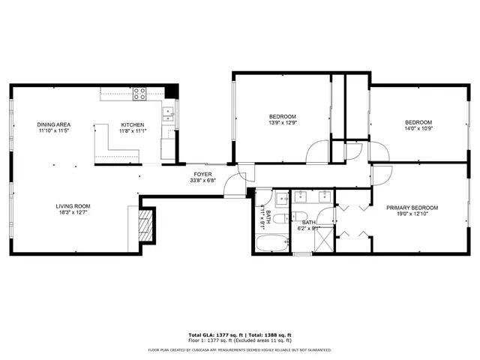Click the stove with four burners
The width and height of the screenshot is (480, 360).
pyautogui.click(x=139, y=94)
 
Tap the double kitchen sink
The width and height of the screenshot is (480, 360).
pyautogui.click(x=169, y=114)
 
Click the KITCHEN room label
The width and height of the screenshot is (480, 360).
pyautogui.click(x=133, y=125)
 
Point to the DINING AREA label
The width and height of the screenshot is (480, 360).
pyautogui.click(x=53, y=124)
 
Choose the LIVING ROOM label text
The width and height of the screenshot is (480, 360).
pyautogui.click(x=73, y=206)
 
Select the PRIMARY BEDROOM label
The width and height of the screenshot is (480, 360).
pyautogui.click(x=412, y=208)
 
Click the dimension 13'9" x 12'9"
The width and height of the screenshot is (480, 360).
pyautogui.click(x=283, y=123)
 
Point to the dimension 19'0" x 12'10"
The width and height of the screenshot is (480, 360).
pyautogui.click(x=412, y=214)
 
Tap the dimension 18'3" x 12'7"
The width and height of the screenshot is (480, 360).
pyautogui.click(x=73, y=213)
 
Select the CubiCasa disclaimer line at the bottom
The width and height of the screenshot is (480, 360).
pyautogui.click(x=240, y=349)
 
